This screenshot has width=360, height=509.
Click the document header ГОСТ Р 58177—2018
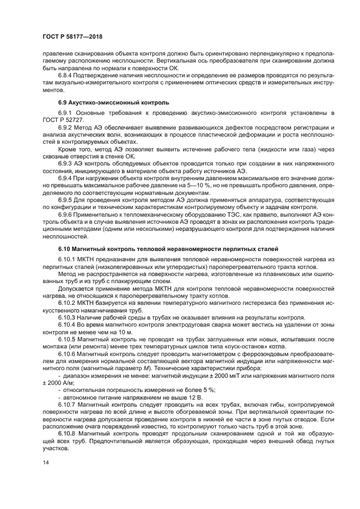pos(72,36)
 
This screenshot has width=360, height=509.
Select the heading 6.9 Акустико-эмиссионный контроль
pos(114,102)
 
